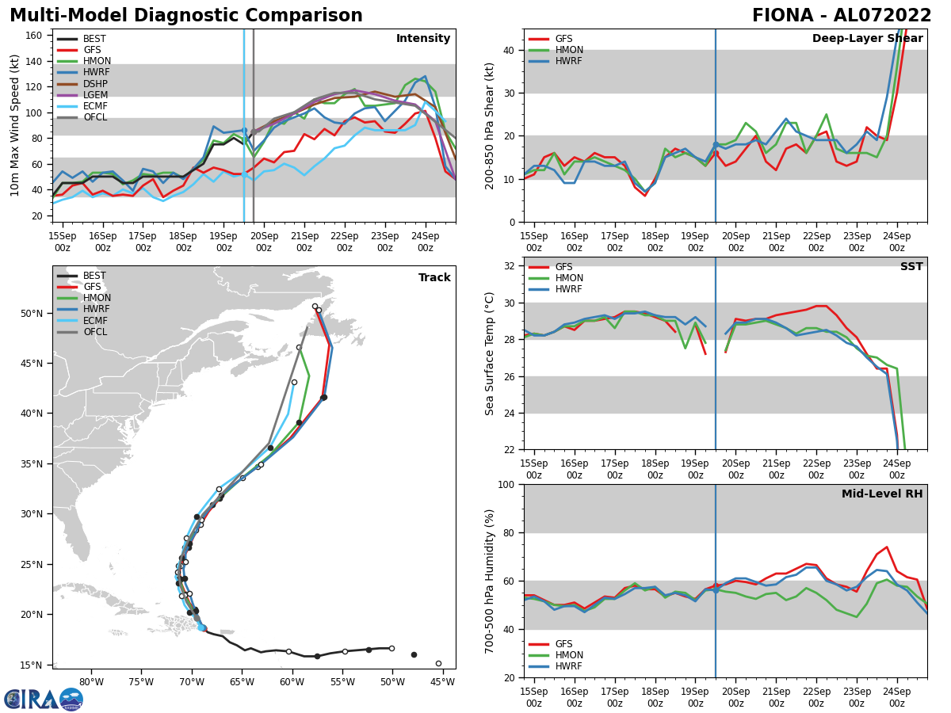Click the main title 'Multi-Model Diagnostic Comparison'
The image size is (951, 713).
(x=185, y=16)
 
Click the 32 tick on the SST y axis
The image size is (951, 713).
(x=511, y=266)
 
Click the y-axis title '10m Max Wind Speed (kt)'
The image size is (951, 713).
(x=15, y=125)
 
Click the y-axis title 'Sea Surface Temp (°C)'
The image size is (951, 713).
(x=490, y=353)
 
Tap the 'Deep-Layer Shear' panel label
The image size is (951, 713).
(x=867, y=39)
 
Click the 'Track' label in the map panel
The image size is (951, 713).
(x=434, y=278)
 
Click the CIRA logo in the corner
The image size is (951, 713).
(x=43, y=700)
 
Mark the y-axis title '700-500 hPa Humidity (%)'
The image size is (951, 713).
(x=490, y=581)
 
